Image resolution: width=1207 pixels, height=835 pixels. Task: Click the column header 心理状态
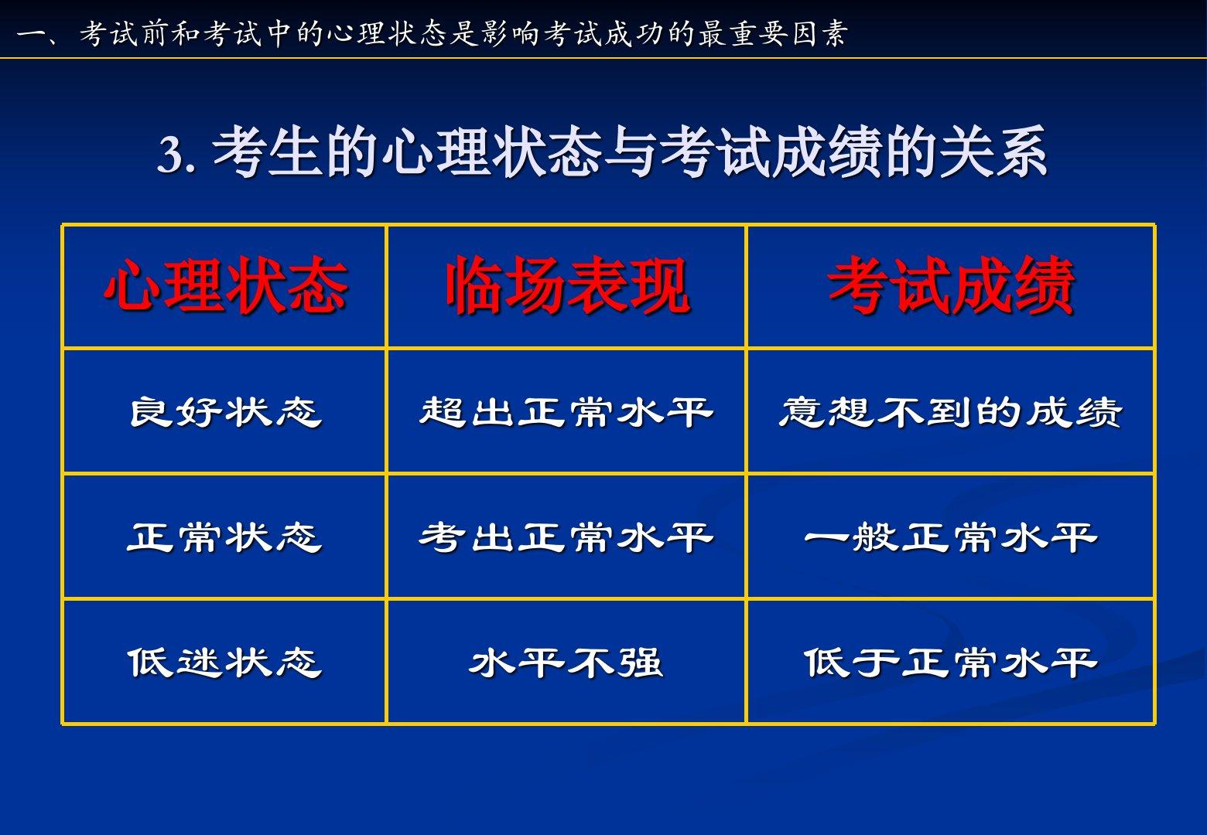coord(225,286)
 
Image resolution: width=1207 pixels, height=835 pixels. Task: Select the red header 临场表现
coord(567,286)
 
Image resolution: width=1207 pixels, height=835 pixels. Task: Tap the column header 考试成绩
coord(951,286)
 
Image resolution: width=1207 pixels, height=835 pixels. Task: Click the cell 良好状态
coord(225,412)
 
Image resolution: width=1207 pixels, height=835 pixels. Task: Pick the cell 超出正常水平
coord(566,412)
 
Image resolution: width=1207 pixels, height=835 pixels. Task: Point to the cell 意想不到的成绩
coord(950,412)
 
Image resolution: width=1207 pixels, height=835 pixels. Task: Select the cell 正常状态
coord(224,537)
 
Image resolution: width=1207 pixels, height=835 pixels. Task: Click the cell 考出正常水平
coord(566,537)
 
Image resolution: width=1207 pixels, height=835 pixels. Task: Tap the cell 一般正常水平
coord(950,537)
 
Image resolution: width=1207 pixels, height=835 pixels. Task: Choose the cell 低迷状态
coord(224,662)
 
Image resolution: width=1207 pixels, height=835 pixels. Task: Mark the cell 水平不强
coord(566,662)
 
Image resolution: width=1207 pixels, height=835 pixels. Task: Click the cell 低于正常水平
coord(950,662)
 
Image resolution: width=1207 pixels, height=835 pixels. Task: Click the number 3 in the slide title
coord(170,155)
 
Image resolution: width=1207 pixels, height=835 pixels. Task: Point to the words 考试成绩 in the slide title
coord(771,152)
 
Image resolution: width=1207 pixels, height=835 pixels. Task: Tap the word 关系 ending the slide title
coord(993,152)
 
